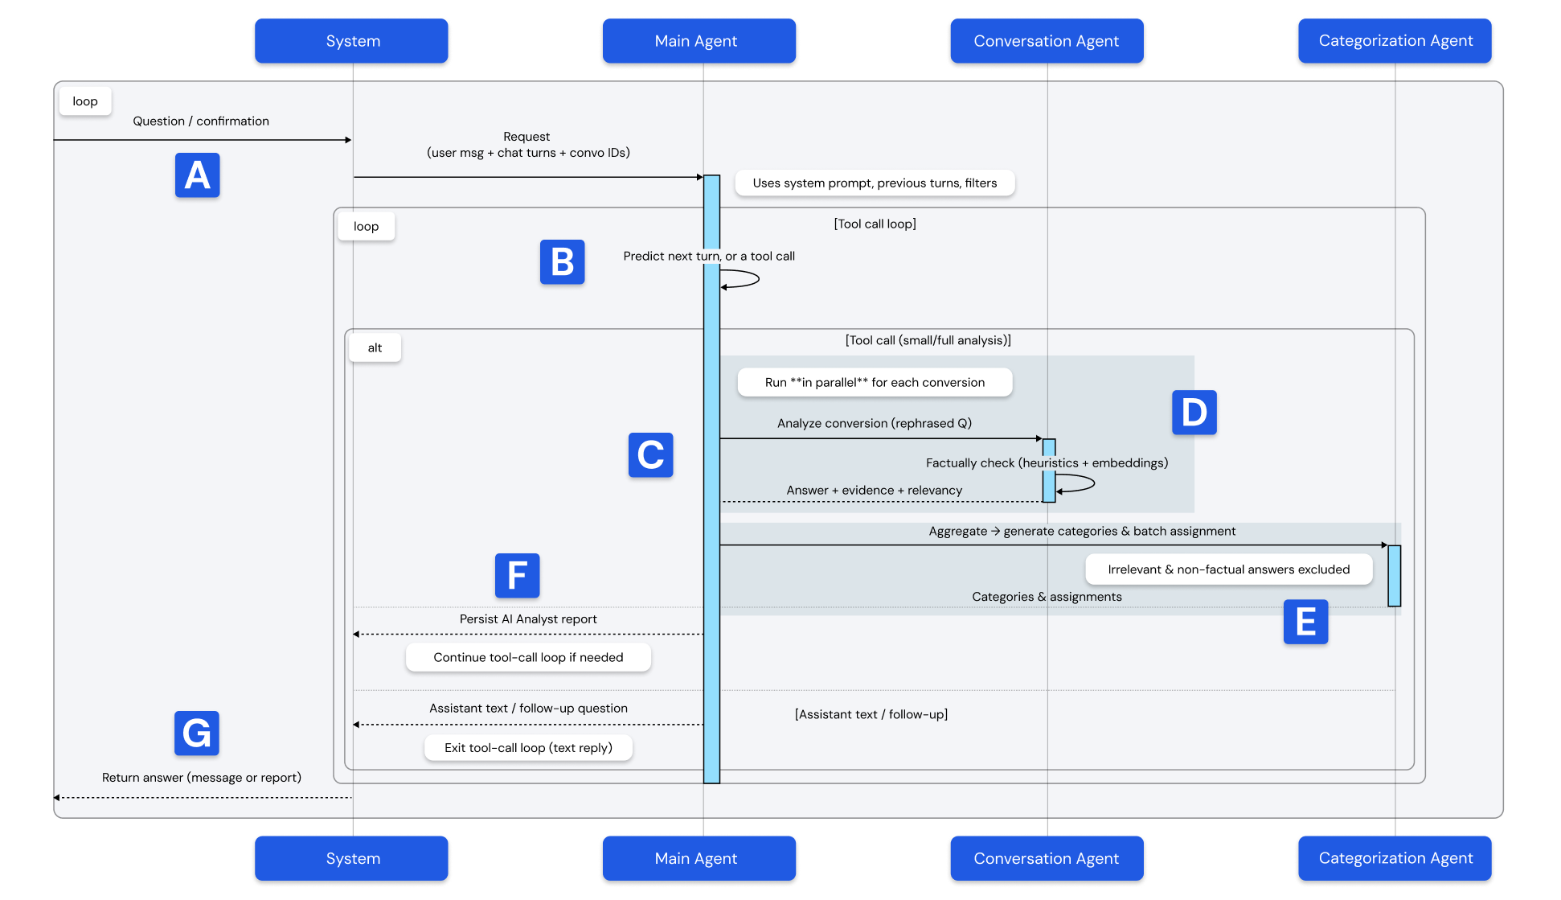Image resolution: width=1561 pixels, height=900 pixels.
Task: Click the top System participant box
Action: pyautogui.click(x=351, y=41)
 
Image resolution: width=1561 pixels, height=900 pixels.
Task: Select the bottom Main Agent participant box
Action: pyautogui.click(x=699, y=858)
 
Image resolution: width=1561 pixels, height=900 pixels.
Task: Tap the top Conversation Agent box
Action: pyautogui.click(x=1047, y=41)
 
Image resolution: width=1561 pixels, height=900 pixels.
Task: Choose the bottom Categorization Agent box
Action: pyautogui.click(x=1395, y=858)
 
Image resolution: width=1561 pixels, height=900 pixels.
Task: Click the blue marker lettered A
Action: pyautogui.click(x=198, y=175)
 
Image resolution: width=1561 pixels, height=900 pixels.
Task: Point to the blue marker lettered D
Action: pyautogui.click(x=1194, y=413)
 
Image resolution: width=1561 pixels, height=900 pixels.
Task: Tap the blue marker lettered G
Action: pyautogui.click(x=197, y=733)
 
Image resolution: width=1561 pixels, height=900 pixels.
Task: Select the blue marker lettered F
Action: pyautogui.click(x=518, y=575)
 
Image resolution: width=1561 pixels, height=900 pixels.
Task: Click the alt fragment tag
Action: pyautogui.click(x=375, y=347)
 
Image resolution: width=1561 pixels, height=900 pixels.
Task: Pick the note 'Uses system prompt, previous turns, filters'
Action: pyautogui.click(x=875, y=183)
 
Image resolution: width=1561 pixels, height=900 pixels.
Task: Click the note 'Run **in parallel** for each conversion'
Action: pyautogui.click(x=875, y=382)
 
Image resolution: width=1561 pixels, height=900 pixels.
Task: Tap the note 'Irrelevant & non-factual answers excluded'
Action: pyautogui.click(x=1229, y=569)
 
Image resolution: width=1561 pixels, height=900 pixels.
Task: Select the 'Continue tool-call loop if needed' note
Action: pyautogui.click(x=528, y=657)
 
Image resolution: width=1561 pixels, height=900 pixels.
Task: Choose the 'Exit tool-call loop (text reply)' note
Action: pyautogui.click(x=528, y=748)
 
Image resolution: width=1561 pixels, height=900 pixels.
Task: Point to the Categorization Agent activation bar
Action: pyautogui.click(x=1395, y=576)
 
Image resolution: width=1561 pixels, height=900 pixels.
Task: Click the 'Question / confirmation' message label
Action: pyautogui.click(x=201, y=121)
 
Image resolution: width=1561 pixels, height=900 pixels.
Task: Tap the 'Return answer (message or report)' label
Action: pyautogui.click(x=202, y=777)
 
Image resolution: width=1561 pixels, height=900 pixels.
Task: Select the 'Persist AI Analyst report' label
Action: pyautogui.click(x=528, y=618)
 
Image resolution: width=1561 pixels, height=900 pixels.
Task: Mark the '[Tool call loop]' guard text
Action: pyautogui.click(x=875, y=224)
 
